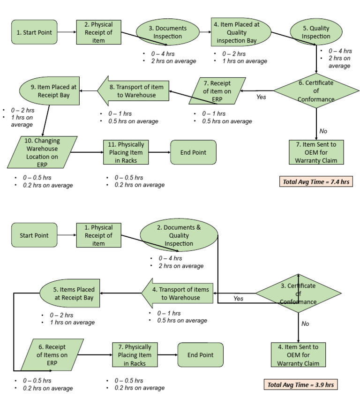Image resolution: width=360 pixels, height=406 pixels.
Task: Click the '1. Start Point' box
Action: click(x=34, y=32)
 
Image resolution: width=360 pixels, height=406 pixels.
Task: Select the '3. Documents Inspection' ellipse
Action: click(x=167, y=32)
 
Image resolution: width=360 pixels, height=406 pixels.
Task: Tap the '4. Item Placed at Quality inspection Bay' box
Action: click(x=240, y=32)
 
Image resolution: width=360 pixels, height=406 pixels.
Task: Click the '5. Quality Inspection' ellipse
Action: click(x=315, y=32)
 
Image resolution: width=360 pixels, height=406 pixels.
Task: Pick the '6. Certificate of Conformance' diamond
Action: click(x=316, y=91)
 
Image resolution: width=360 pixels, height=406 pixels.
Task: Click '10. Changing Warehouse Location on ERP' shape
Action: click(x=43, y=152)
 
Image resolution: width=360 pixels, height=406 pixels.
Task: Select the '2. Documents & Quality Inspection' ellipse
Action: click(x=179, y=235)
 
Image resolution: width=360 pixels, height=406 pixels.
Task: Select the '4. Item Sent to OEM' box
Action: click(x=298, y=355)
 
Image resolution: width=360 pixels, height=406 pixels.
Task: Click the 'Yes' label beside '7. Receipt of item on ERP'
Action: click(x=261, y=98)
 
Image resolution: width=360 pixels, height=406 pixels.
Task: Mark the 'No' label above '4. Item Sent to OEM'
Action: click(x=305, y=323)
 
